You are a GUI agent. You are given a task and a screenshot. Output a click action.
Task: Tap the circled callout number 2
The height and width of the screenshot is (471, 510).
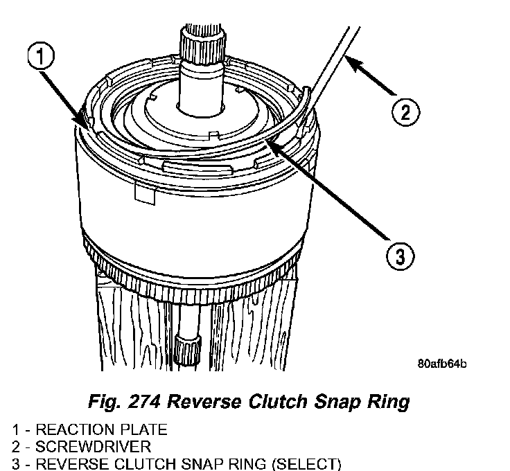tap(405, 112)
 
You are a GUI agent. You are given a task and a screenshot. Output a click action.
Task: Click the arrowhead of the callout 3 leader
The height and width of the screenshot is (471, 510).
tap(271, 144)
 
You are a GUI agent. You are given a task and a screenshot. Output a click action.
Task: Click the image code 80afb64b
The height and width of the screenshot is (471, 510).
tap(441, 363)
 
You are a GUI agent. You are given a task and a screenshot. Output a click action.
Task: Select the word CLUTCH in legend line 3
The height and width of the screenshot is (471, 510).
tap(131, 463)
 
